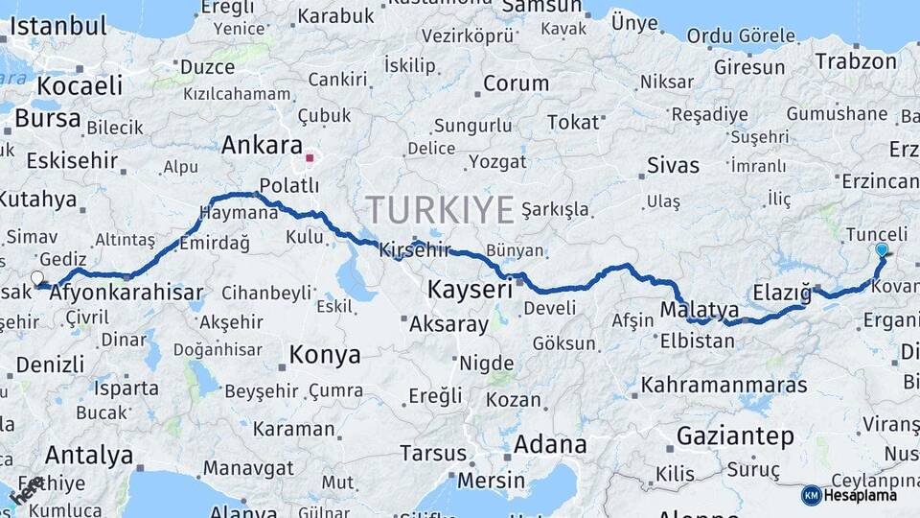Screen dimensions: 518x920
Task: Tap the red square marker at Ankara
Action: pos(310,157)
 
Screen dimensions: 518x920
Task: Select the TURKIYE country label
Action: pos(440,209)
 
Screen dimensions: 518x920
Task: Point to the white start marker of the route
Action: pos(37,278)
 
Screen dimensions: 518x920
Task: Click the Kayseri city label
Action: pos(470,289)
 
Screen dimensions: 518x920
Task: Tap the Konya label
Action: pos(324,355)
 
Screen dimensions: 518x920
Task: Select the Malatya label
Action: pos(700,310)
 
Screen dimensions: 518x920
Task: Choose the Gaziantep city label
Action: pos(735,436)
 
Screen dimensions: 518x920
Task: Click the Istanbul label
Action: pos(57,26)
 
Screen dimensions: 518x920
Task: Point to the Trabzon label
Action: pos(856,61)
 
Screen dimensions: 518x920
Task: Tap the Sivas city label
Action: pos(673,165)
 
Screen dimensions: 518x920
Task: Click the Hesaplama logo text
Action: pos(860,495)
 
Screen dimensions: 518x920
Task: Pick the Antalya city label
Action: pos(88,455)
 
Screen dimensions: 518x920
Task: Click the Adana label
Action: pos(550,445)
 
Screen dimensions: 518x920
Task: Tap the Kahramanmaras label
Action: pos(724,385)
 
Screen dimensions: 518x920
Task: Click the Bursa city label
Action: pos(47,118)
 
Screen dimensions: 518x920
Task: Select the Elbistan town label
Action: pos(698,340)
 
